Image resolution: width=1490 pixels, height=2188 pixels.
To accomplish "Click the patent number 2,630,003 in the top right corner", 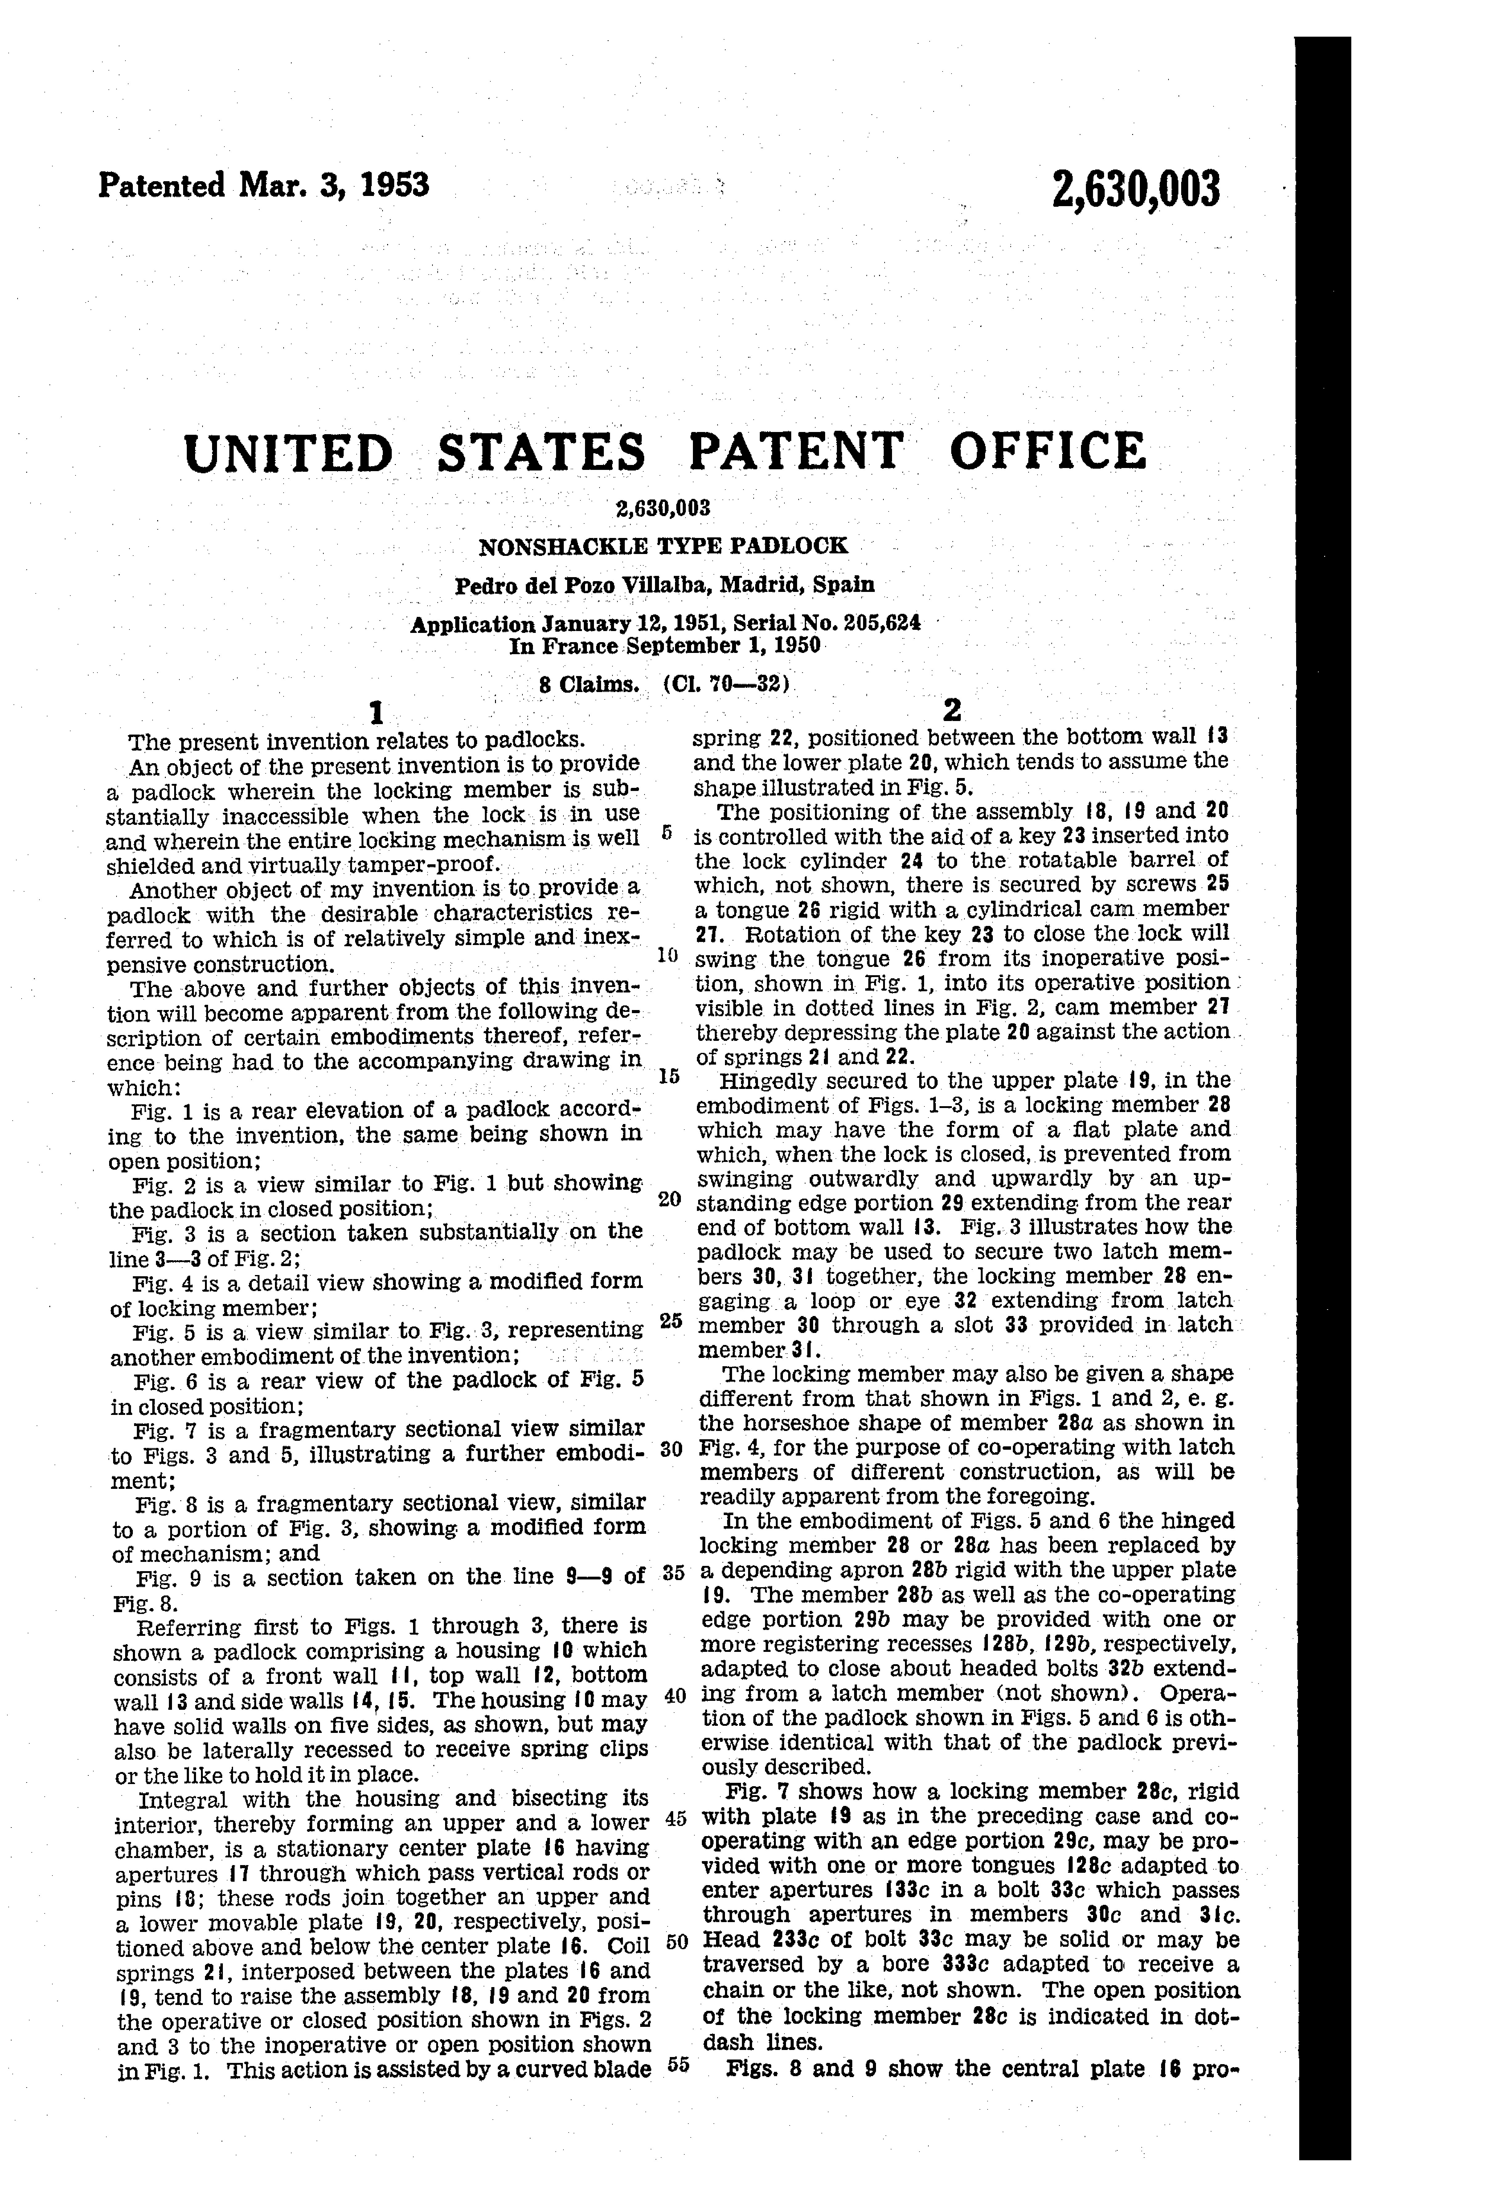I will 1137,189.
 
